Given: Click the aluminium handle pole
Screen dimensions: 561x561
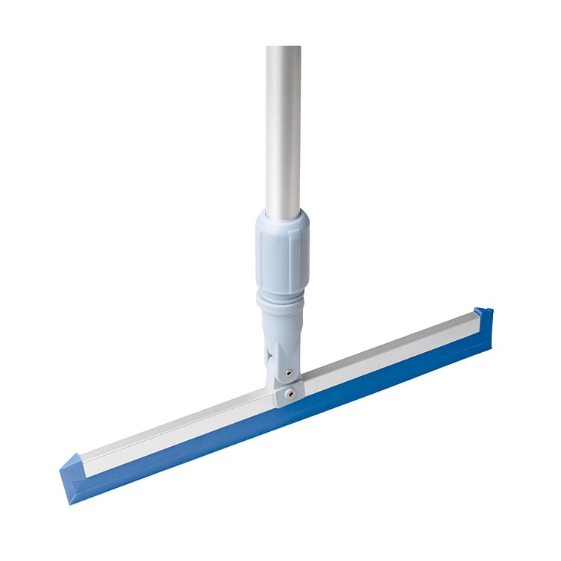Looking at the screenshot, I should [283, 127].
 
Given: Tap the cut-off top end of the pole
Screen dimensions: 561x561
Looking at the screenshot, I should [283, 48].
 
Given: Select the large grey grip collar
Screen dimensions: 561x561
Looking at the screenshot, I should [282, 249].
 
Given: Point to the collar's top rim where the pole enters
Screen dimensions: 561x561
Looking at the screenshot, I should [282, 216].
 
